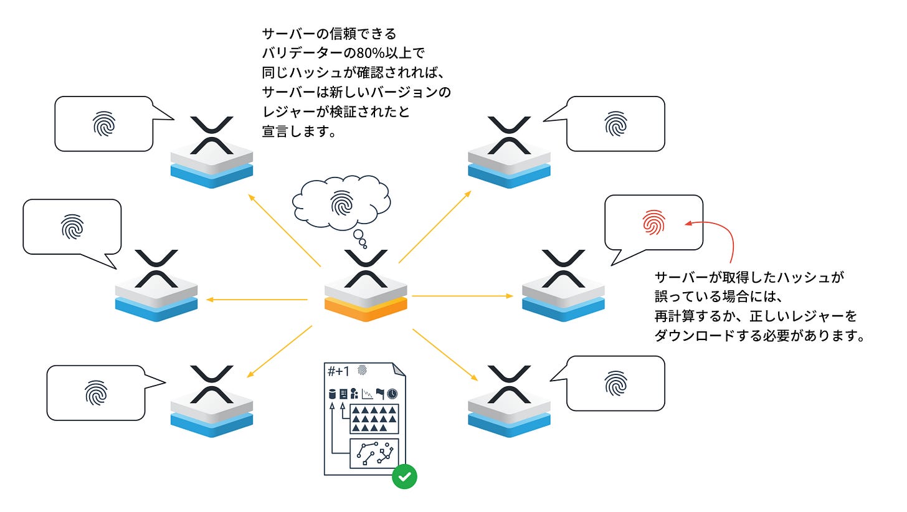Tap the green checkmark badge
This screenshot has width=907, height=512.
click(405, 476)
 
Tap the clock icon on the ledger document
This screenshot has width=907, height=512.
click(392, 394)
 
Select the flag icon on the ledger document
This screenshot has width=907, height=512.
click(380, 394)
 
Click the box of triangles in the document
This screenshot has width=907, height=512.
click(373, 418)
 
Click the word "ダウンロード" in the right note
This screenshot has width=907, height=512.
click(692, 336)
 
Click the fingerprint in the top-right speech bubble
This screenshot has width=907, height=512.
click(615, 124)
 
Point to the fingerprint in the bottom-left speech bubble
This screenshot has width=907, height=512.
click(96, 392)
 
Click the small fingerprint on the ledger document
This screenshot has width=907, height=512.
click(362, 371)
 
